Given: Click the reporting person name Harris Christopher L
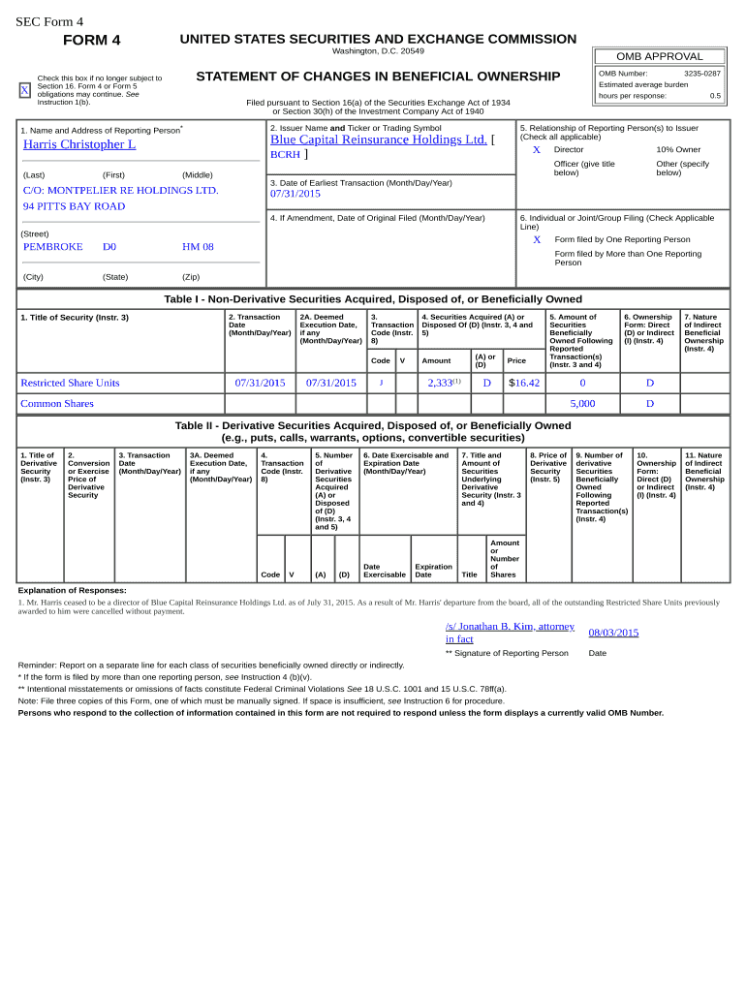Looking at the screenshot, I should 79,144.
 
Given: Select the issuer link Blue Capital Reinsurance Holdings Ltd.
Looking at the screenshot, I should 378,139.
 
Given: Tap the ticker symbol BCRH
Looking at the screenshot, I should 285,155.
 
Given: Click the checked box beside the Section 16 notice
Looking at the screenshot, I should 25,90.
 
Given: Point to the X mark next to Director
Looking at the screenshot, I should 537,150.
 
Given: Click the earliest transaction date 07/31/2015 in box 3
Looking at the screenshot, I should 295,194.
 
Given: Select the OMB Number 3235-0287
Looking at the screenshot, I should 701,74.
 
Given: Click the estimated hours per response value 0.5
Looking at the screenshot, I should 715,96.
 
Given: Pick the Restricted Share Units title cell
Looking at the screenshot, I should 71,383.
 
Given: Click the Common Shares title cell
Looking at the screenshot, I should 57,404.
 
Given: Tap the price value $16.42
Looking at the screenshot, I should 524,383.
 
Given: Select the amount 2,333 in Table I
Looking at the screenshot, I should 441,383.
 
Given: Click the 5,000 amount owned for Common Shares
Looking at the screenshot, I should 582,404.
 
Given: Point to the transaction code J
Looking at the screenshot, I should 381,383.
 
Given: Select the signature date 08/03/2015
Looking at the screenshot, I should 613,633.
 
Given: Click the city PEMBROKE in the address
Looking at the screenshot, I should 53,247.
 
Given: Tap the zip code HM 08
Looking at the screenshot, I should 198,247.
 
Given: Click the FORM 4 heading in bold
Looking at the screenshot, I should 92,40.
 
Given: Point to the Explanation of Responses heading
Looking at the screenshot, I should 73,590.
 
